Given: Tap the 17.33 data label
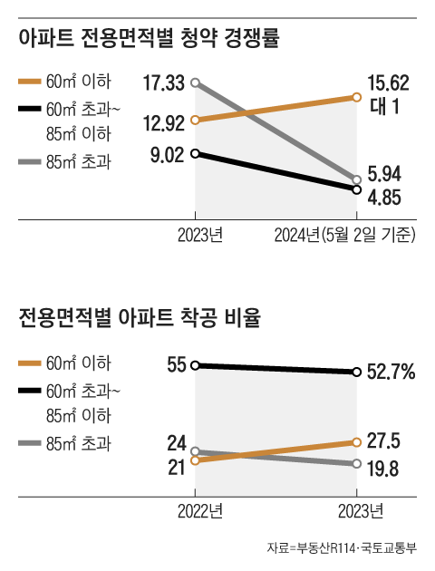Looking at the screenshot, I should [163, 83].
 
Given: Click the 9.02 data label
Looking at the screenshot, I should [168, 154].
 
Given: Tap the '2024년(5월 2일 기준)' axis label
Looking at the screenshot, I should [344, 236].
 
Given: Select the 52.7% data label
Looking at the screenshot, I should [391, 372].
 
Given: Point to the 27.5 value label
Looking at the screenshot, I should [384, 440].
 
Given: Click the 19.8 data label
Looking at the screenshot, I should [384, 469].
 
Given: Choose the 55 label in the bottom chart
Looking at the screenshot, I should [177, 365].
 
